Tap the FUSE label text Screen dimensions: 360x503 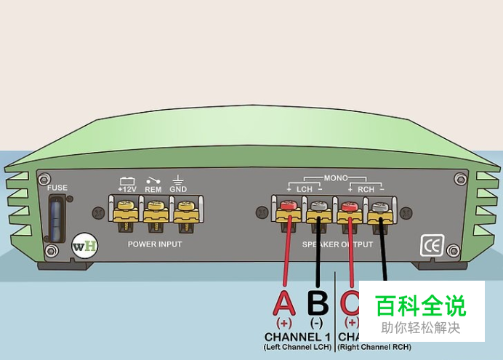click(57, 188)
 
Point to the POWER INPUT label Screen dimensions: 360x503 click(154, 244)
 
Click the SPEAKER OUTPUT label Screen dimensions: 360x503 click(338, 244)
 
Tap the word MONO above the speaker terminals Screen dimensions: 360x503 click(336, 177)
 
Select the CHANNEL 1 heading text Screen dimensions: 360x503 click(297, 337)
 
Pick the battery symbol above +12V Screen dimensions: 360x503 click(127, 180)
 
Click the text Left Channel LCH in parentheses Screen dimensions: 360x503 click(297, 348)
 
